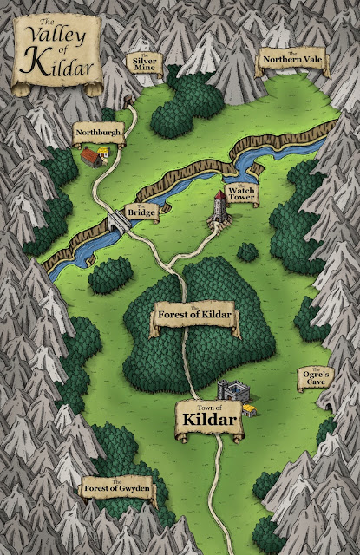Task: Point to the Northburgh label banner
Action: [x=97, y=133]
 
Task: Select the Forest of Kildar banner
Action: [x=194, y=314]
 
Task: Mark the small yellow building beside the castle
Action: [x=252, y=408]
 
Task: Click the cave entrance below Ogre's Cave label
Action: [x=328, y=404]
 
